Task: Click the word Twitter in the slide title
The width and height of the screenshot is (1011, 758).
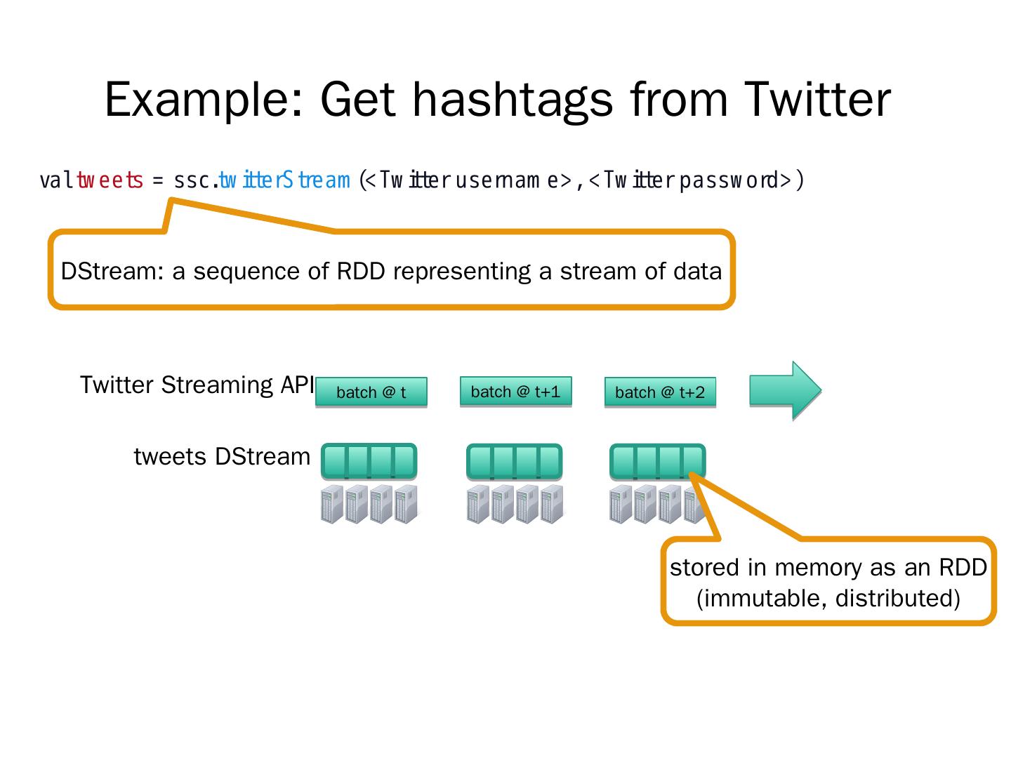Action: (817, 99)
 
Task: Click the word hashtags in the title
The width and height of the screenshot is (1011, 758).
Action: (512, 99)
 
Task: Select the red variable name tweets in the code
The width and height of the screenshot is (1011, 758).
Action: (110, 180)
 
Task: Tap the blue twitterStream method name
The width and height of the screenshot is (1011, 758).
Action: (284, 180)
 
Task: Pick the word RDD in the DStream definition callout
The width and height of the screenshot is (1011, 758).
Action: (361, 271)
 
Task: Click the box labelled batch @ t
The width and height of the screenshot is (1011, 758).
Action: (371, 392)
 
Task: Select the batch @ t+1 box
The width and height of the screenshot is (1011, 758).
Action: (515, 391)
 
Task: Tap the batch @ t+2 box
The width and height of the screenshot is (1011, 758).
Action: (660, 392)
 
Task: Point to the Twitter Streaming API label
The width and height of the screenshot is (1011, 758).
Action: (197, 385)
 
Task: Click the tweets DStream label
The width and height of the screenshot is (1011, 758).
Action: (222, 456)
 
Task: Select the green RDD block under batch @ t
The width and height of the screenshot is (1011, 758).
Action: (369, 461)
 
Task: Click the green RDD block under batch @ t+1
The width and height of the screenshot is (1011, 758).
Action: (515, 461)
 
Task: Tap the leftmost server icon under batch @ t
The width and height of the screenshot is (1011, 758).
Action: (332, 504)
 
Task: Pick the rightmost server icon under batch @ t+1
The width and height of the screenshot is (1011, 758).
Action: (552, 504)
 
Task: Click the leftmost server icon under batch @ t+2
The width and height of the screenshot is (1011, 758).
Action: (621, 504)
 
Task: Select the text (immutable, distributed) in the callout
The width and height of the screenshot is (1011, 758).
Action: (828, 598)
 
